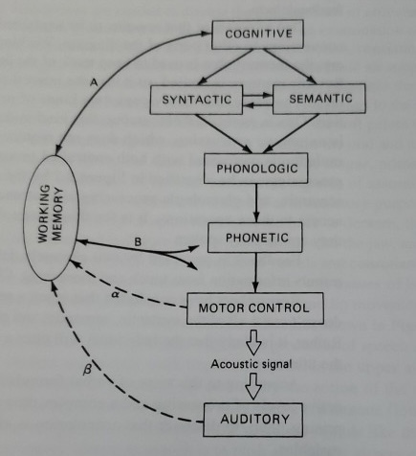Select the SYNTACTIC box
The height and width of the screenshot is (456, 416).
[x=193, y=99]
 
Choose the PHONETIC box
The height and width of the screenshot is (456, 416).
[x=255, y=236]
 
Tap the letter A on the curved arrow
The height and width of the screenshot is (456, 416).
[x=93, y=84]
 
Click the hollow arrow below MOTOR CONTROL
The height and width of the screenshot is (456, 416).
[x=254, y=340]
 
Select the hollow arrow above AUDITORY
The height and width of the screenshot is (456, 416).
[x=254, y=387]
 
